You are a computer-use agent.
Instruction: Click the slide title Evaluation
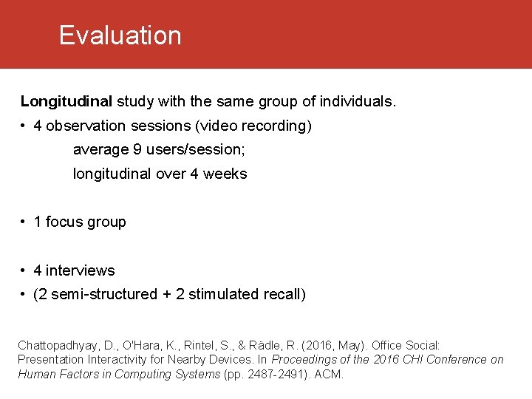coord(120,35)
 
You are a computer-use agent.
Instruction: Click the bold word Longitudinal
coord(66,101)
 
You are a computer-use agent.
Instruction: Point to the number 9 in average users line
coord(137,150)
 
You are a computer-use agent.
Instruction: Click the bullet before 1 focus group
coord(24,222)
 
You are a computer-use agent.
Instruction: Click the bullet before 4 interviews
coord(24,270)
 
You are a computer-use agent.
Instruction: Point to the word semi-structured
coord(102,295)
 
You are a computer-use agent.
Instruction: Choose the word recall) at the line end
coord(284,295)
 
